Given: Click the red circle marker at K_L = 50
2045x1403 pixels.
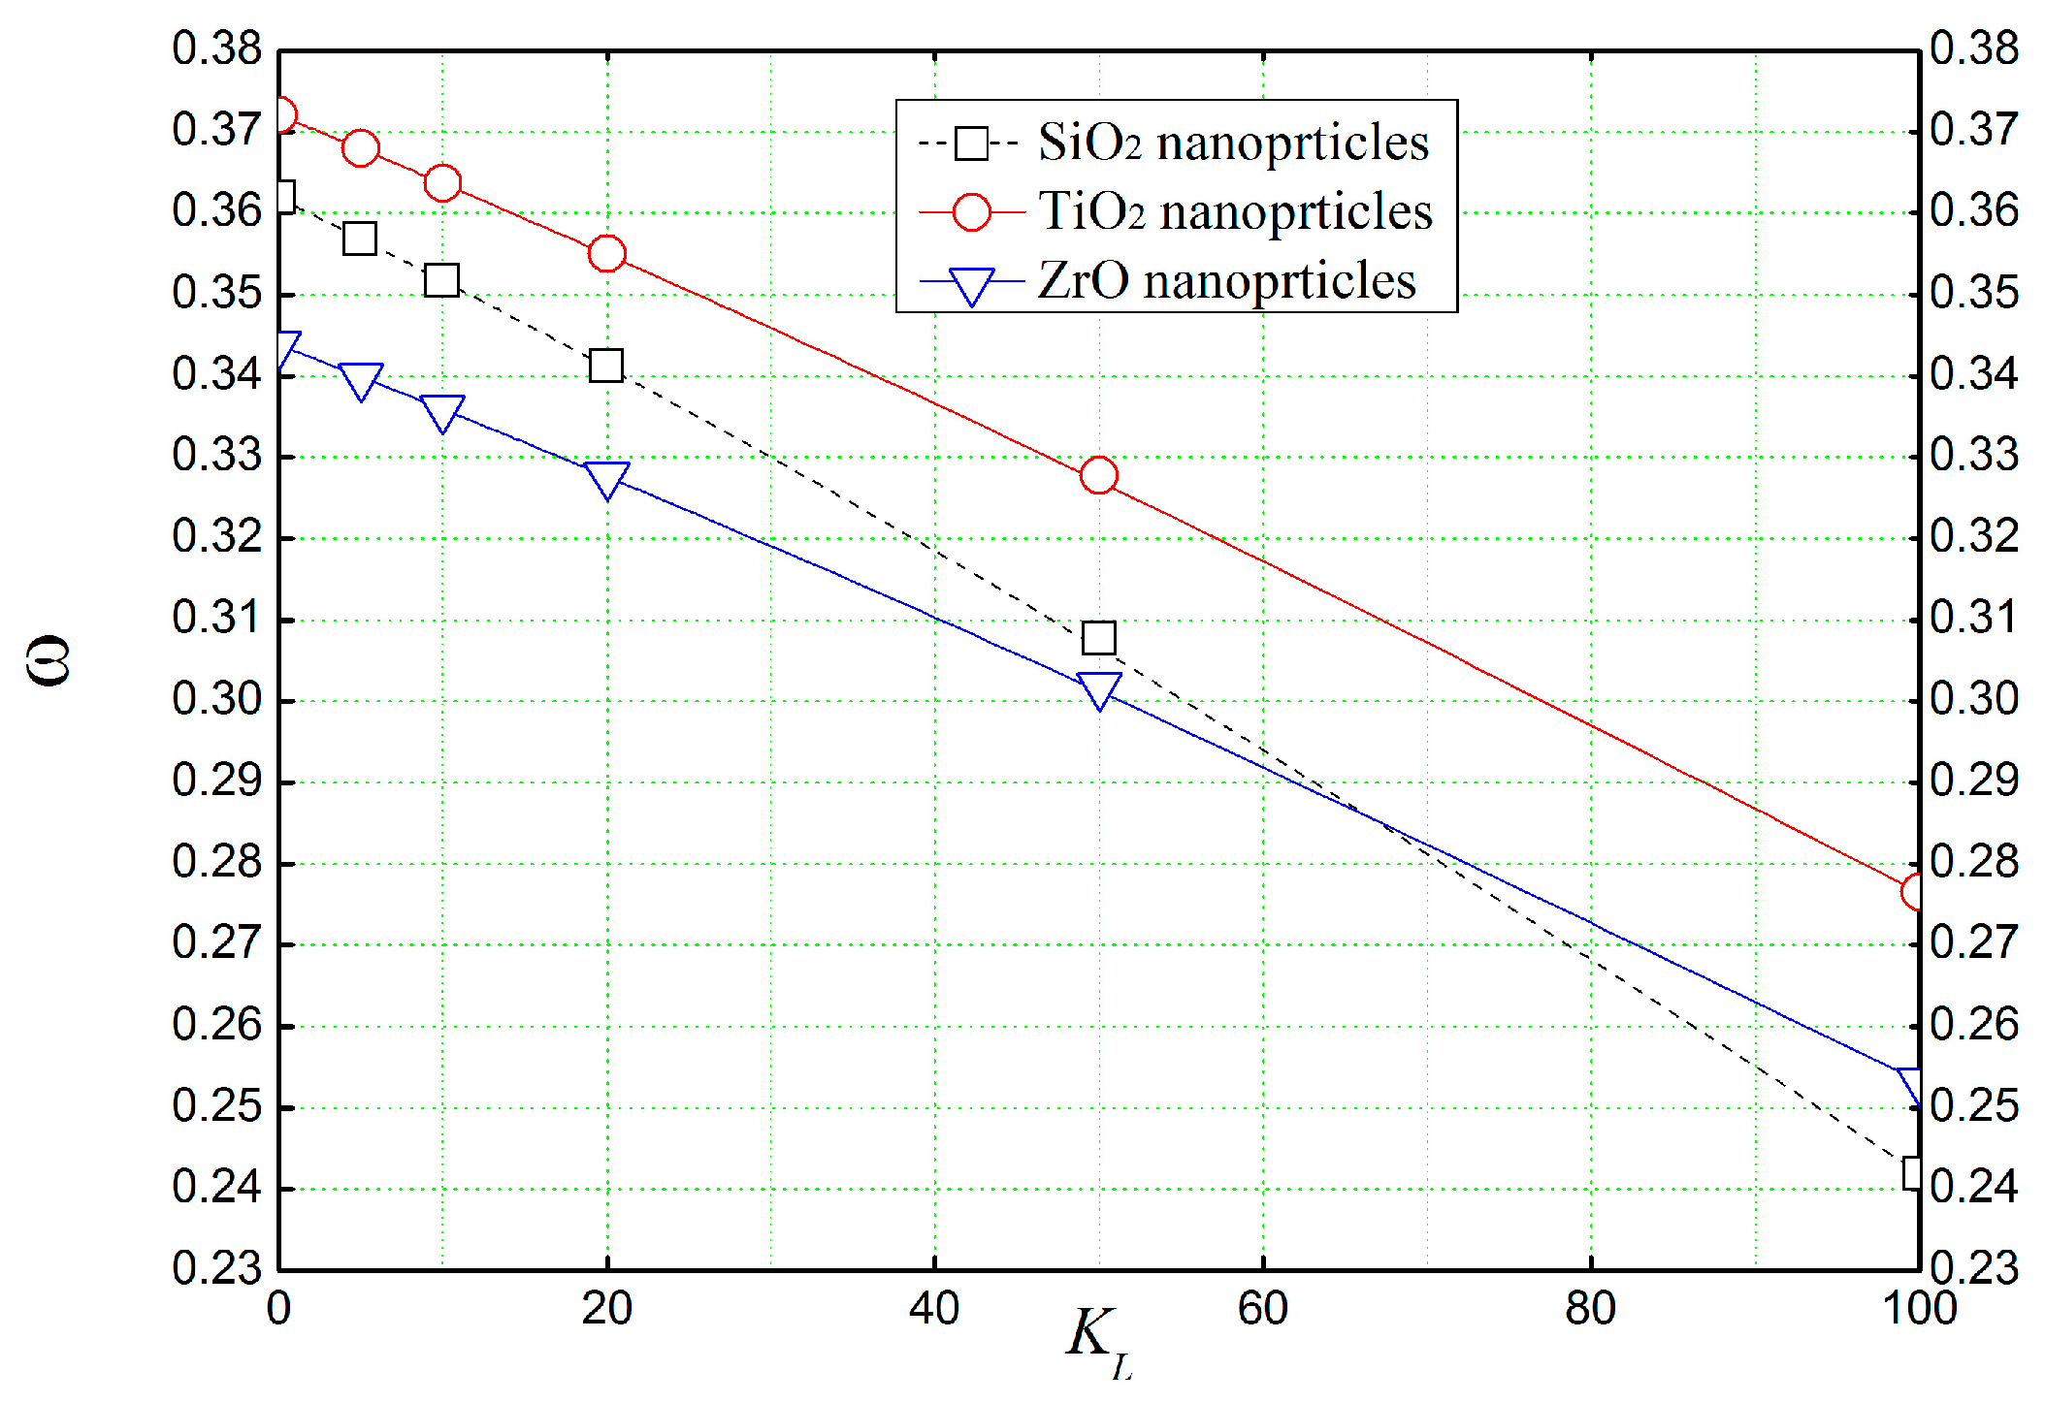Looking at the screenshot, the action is pyautogui.click(x=1098, y=475).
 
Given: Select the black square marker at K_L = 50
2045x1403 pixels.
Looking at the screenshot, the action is pyautogui.click(x=1098, y=638).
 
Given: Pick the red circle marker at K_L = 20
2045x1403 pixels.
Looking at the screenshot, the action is pyautogui.click(x=606, y=253).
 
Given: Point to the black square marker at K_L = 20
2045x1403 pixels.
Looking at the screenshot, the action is pyautogui.click(x=606, y=366).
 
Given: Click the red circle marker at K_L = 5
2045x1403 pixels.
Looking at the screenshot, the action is pyautogui.click(x=360, y=148).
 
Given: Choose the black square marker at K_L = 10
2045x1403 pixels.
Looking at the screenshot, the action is pyautogui.click(x=442, y=281).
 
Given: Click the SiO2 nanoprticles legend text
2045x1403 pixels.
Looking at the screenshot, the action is pyautogui.click(x=1232, y=143).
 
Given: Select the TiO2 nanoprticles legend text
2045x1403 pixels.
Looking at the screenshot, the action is pyautogui.click(x=1234, y=211).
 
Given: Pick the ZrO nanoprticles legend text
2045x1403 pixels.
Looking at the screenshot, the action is pyautogui.click(x=1226, y=281).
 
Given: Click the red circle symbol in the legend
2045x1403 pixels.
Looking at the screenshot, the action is pyautogui.click(x=971, y=211).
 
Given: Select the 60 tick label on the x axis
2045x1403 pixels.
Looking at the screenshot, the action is pyautogui.click(x=1262, y=1309).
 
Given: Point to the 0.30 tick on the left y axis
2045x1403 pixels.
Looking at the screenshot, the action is pyautogui.click(x=216, y=699).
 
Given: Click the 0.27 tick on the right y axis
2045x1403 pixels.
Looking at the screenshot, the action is pyautogui.click(x=1974, y=942).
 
